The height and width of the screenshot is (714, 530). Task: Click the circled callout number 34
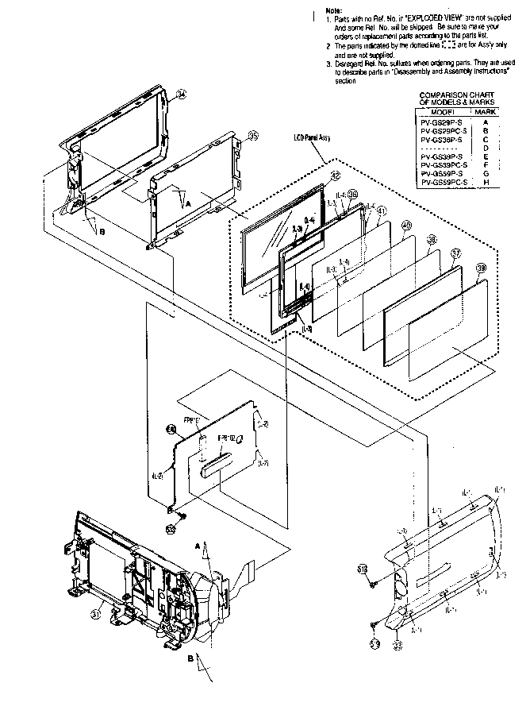pos(182,94)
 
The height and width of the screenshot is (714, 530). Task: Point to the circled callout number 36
pos(352,194)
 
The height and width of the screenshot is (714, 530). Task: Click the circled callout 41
pos(381,210)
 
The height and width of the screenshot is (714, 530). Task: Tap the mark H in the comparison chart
pos(486,183)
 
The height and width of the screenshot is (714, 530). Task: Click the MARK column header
pos(486,113)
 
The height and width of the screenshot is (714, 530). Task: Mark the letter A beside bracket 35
pos(187,203)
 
